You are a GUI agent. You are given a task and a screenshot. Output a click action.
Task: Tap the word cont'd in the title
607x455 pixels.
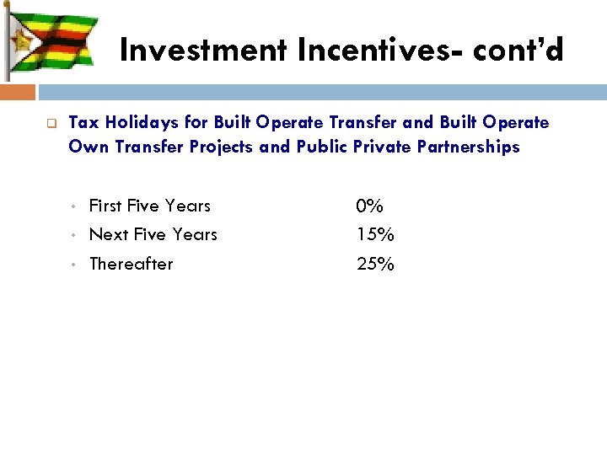point(518,51)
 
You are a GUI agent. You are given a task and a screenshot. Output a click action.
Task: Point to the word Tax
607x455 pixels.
point(82,123)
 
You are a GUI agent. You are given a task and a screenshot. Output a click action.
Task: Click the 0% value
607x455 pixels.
point(369,206)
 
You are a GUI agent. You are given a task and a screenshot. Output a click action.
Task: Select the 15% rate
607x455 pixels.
point(375,234)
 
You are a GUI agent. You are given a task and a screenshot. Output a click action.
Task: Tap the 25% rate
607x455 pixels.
point(375,264)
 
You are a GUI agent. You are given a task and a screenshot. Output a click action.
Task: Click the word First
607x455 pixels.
point(105,206)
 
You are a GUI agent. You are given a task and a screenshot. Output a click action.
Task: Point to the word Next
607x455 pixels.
point(106,234)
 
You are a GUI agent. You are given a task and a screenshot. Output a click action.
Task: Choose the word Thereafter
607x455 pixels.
point(131,264)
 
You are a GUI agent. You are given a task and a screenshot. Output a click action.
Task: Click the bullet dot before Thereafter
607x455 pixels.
point(75,265)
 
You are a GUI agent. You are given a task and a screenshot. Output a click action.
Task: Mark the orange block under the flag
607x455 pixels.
point(18,91)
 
